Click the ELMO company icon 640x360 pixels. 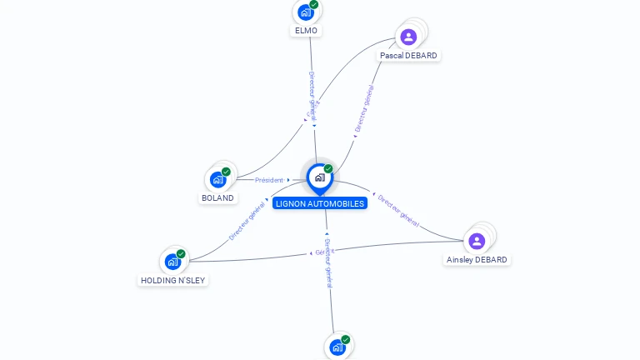[305, 12]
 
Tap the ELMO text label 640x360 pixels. [306, 31]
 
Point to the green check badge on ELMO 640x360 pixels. [314, 5]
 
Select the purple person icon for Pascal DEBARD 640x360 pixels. [408, 37]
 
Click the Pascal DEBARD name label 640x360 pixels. [408, 56]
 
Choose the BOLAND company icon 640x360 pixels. [217, 179]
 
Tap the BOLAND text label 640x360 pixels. [217, 198]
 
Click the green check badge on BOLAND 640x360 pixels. [226, 172]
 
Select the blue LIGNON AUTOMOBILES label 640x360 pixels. [320, 203]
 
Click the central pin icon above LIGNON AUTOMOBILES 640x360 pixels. [319, 177]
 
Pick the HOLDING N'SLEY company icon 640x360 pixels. [172, 262]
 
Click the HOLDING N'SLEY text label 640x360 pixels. [172, 281]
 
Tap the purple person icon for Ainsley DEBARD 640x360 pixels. [477, 241]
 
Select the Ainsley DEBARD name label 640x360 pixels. [477, 260]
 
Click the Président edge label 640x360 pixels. [269, 180]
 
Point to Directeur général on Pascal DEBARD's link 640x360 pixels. [363, 109]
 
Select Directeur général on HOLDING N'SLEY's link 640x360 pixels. [247, 220]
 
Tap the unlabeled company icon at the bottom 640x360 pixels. [337, 347]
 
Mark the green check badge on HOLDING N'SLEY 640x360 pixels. [181, 254]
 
